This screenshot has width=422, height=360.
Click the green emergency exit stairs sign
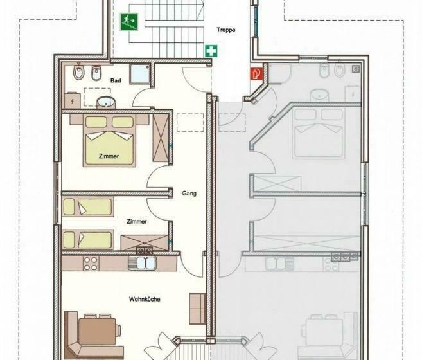[x=129, y=22]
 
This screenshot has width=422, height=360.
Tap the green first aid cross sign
[x=211, y=51]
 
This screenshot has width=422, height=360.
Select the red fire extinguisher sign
[x=256, y=73]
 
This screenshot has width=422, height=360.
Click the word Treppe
[x=226, y=30]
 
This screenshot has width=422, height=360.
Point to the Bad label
[x=116, y=80]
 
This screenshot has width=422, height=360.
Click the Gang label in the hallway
[x=189, y=194]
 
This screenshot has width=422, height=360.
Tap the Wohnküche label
[x=145, y=299]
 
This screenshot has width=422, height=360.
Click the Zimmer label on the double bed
[x=109, y=156]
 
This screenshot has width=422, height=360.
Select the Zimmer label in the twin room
[x=137, y=222]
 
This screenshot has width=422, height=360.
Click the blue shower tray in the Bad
[x=139, y=74]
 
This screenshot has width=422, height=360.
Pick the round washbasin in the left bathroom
[x=106, y=102]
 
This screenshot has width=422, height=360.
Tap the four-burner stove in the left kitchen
[x=91, y=264]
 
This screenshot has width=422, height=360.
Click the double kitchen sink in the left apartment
[x=143, y=263]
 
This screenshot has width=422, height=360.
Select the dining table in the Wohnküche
[x=97, y=332]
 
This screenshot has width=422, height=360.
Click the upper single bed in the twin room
[x=88, y=206]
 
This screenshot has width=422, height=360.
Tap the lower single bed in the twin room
[x=88, y=240]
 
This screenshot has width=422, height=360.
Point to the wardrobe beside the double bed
[x=161, y=138]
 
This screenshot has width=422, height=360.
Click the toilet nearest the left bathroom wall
[x=78, y=71]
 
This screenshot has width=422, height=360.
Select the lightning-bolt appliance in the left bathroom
[x=73, y=100]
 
